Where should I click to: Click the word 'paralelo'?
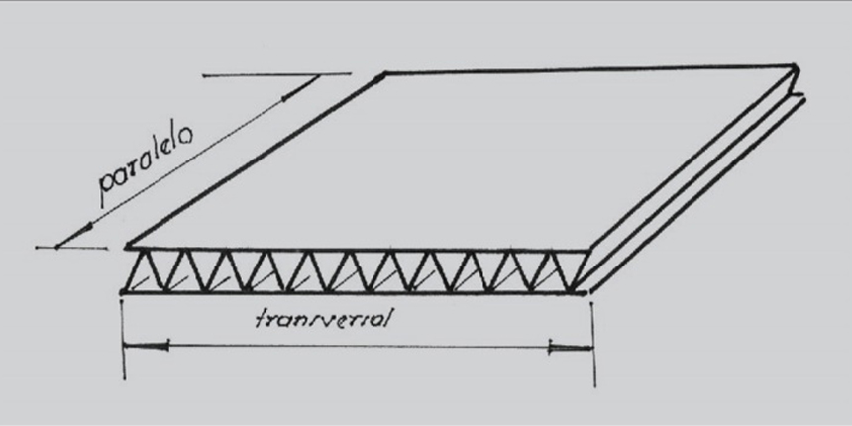point(146,166)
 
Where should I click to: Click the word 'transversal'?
point(323,318)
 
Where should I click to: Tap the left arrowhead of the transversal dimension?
point(146,346)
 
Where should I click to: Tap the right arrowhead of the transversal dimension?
point(571,347)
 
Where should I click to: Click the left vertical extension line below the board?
point(124,338)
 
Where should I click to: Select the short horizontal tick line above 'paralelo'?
point(276,74)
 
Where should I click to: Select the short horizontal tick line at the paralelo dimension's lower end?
point(70,248)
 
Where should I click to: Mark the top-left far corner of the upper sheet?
point(384,73)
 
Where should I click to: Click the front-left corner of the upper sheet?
point(127,248)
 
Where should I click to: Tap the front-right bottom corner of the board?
point(587,293)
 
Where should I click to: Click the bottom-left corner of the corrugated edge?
point(123,293)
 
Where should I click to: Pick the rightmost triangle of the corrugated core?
point(567,270)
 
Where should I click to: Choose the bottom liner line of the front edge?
point(355,293)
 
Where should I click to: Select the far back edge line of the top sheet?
point(589,69)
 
